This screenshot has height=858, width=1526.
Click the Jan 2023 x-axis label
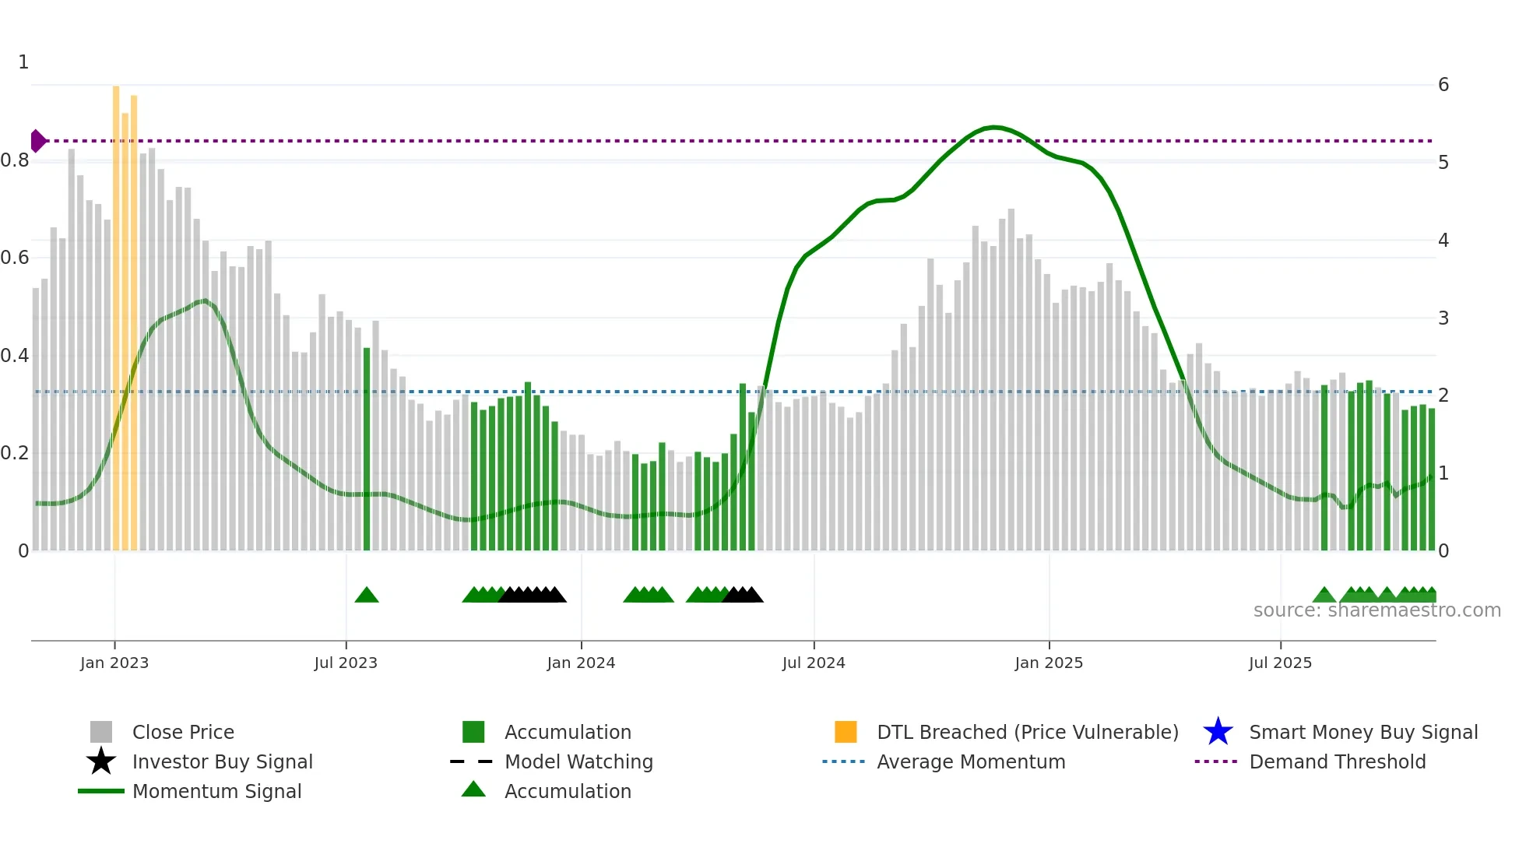114,663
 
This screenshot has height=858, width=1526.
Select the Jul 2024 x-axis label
814,663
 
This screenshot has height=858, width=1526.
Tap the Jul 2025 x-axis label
1280,663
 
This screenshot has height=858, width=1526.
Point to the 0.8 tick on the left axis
15,160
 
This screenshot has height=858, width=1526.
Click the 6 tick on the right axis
1443,84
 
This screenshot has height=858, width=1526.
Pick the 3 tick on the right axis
1443,318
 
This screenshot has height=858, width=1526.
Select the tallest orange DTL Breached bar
116,311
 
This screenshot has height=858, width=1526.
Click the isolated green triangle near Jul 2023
367,596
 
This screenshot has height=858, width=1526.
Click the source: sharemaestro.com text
1377,610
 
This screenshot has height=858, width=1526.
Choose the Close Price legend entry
183,732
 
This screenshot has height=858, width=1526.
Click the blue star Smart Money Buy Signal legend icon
1218,732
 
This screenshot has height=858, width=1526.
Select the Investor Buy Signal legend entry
222,761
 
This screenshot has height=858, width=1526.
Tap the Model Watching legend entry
578,761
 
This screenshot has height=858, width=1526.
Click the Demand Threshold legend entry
1337,761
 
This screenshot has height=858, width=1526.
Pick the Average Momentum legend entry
970,761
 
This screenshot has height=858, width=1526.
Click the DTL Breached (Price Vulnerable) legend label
1027,732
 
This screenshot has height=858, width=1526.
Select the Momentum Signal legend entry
216,791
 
